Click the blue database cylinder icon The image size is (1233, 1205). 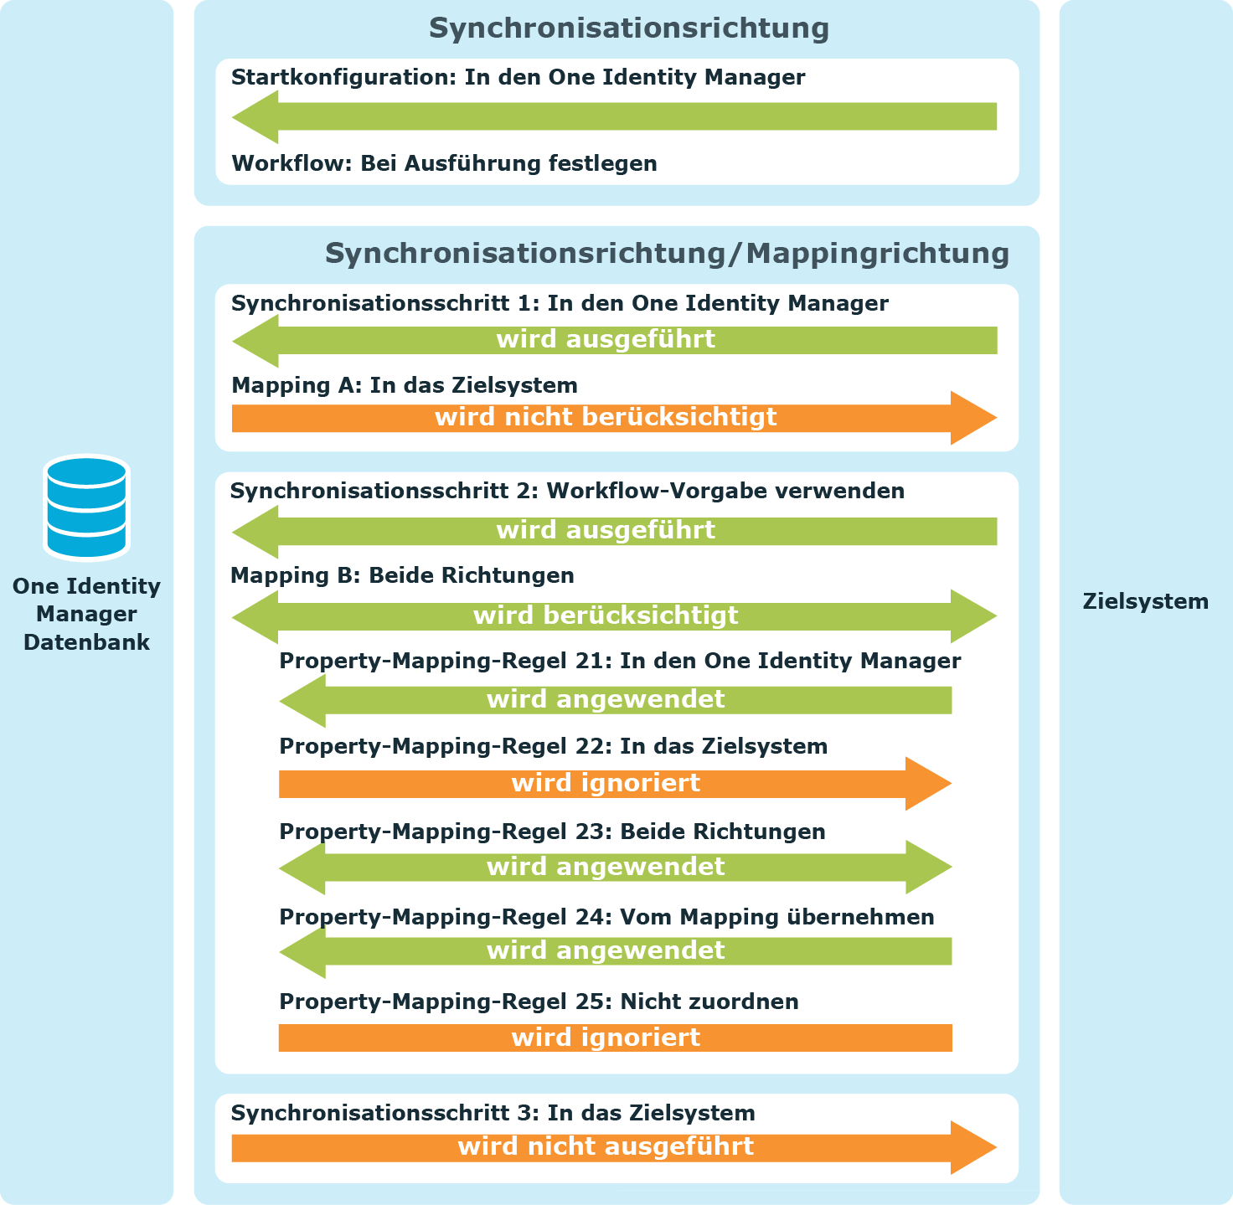point(87,507)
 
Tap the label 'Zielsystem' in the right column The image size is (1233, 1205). point(1146,601)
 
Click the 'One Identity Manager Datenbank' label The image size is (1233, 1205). point(87,614)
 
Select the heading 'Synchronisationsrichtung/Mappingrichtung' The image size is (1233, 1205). point(667,254)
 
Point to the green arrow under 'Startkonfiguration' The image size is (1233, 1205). point(614,116)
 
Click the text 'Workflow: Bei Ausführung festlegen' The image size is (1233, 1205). point(444,163)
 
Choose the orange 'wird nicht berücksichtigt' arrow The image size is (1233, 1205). point(614,418)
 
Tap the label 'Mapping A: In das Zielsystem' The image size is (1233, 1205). point(405,385)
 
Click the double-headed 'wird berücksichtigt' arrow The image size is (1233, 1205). point(614,616)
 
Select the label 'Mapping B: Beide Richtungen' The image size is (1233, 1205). point(402,575)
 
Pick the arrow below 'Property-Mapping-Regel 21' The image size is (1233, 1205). point(615,700)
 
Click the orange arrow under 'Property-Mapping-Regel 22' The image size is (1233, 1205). point(615,784)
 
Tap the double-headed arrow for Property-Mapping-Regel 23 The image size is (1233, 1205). point(615,868)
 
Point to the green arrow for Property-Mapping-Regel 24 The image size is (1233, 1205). point(615,951)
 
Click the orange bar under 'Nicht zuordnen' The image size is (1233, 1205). point(615,1038)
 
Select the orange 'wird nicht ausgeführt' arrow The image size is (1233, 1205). point(614,1147)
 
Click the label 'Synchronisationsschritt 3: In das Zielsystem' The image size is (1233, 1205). point(493,1113)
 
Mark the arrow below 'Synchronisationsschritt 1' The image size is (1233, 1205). point(614,340)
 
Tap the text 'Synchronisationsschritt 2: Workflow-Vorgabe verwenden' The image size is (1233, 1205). point(567,491)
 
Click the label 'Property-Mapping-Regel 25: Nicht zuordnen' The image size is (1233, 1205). point(539,1002)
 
